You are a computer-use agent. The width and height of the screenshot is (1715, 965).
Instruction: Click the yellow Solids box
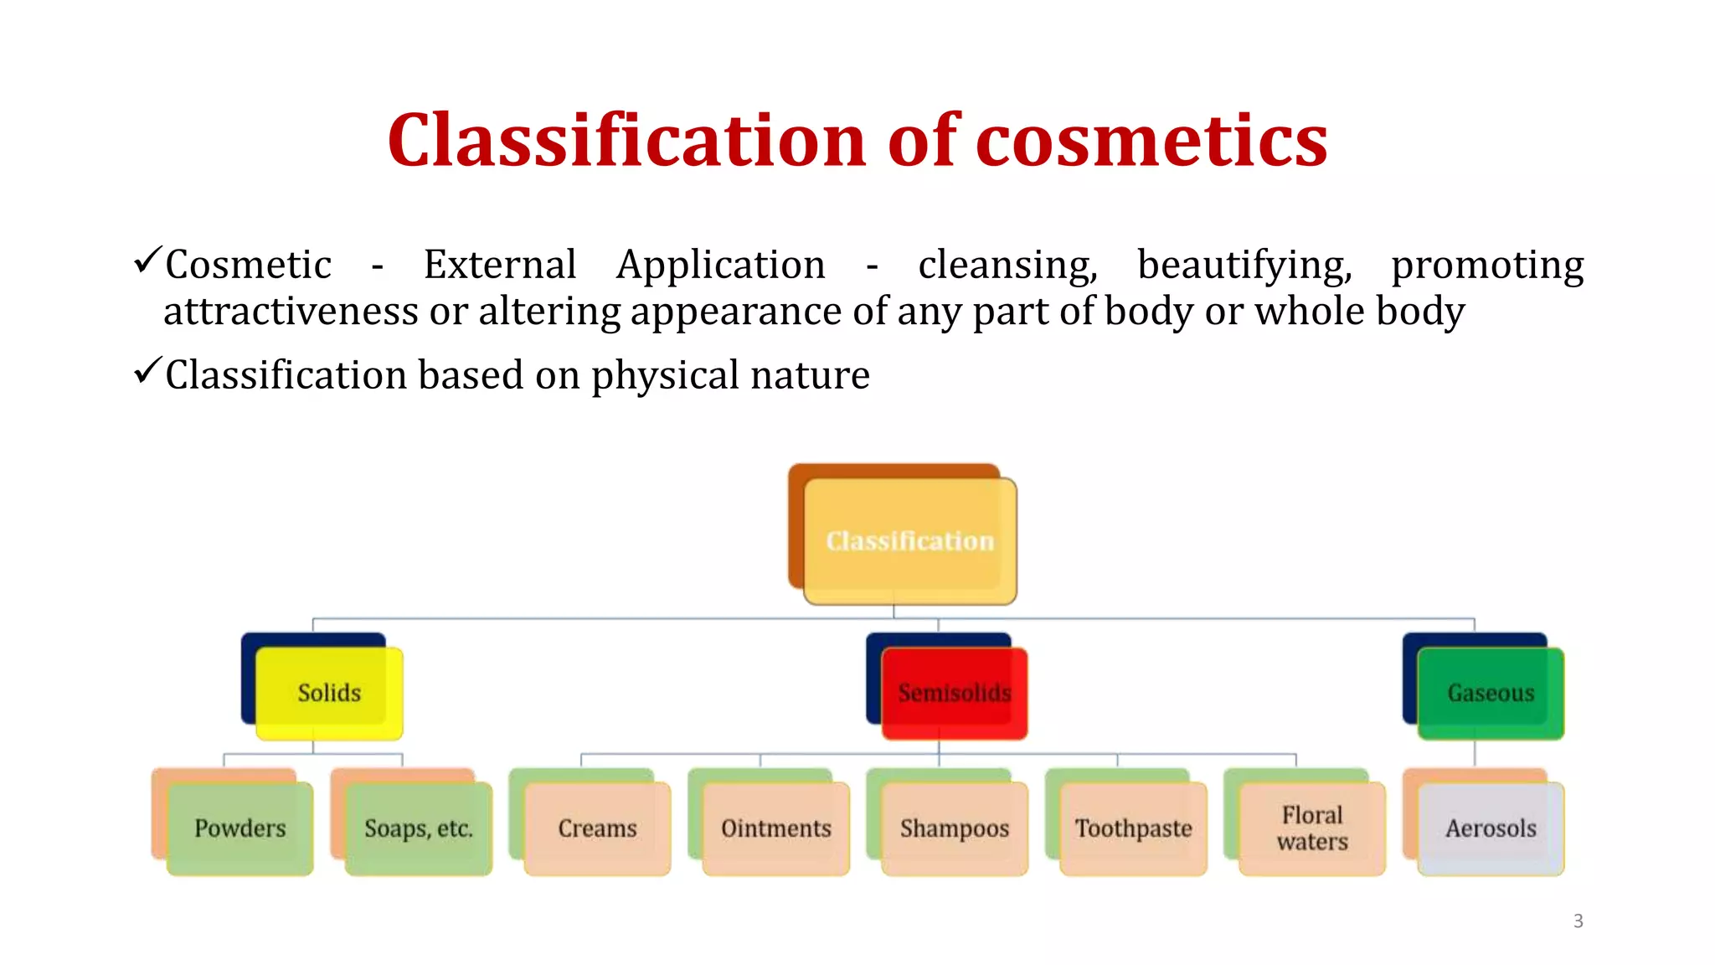pos(329,693)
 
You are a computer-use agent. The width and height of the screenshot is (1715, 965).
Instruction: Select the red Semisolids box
pos(955,693)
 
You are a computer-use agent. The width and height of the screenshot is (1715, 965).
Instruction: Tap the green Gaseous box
pos(1491,693)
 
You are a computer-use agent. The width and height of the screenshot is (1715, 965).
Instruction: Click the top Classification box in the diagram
pos(910,541)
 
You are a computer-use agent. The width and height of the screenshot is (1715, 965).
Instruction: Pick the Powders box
pos(240,828)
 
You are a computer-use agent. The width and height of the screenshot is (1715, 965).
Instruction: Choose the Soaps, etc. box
pos(419,828)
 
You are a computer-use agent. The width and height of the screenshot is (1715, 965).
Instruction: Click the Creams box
pos(597,828)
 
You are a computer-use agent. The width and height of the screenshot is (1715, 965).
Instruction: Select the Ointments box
pos(776,828)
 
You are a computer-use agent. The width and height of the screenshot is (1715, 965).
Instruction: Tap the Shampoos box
pos(955,828)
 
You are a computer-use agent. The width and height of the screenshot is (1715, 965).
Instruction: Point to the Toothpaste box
pos(1133,828)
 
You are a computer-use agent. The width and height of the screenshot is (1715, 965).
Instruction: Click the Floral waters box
pos(1312,828)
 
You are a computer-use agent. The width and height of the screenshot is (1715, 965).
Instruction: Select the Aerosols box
pos(1491,828)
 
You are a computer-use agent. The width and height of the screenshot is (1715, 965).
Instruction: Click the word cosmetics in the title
pos(1151,141)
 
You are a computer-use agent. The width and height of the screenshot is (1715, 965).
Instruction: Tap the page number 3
pos(1578,921)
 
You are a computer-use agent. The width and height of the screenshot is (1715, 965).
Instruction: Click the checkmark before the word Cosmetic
pos(147,261)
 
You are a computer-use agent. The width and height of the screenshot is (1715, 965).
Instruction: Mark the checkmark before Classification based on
pos(147,370)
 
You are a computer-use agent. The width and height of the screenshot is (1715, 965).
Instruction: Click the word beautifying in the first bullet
pos(1244,266)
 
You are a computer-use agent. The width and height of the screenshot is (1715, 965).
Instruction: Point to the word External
pos(500,265)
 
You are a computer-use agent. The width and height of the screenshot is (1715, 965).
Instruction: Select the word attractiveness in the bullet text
pos(290,312)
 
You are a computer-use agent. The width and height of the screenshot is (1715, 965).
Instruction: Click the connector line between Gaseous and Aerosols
pos(1475,753)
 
